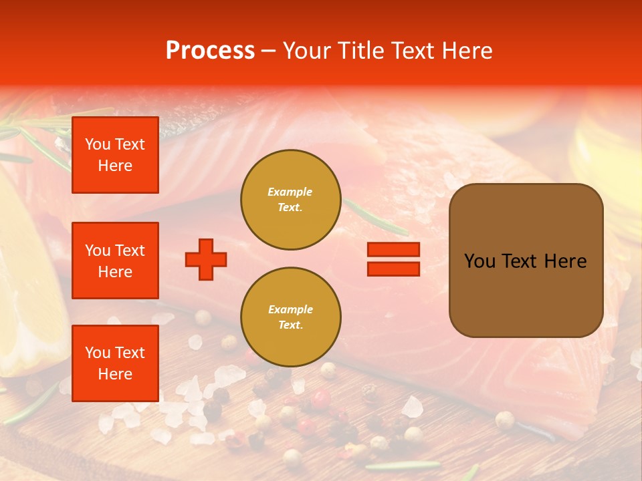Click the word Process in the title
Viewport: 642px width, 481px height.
coord(210,51)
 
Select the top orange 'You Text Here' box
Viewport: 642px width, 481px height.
coord(115,155)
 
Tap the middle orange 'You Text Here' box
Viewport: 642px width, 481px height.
coord(115,261)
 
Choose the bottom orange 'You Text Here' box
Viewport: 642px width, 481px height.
coord(115,363)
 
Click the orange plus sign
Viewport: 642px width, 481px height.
coord(206,259)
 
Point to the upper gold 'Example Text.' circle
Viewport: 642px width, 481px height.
coord(291,200)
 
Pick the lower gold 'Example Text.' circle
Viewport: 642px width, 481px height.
coord(291,317)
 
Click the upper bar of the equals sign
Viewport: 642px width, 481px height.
coord(393,249)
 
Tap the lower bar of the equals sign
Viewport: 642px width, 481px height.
coord(393,269)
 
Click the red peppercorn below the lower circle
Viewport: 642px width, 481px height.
coord(322,399)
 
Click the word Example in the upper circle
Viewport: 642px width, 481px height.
coord(290,192)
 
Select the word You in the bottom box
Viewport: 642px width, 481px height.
coord(97,353)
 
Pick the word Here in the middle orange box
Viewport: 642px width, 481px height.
coord(115,272)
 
